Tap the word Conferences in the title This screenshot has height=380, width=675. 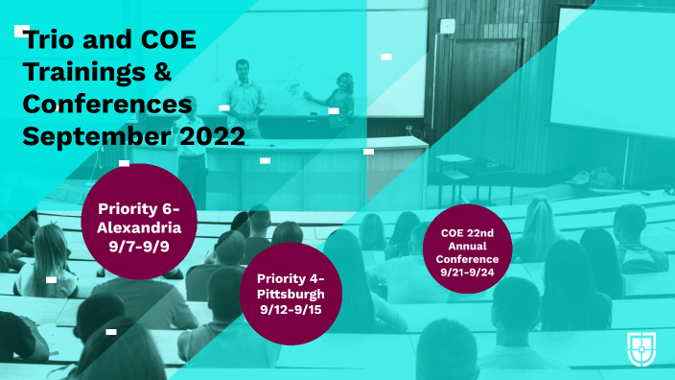(x=107, y=104)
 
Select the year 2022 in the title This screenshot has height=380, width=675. (x=211, y=135)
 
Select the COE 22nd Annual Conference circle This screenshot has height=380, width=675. (x=467, y=249)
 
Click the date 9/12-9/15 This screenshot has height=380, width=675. (x=291, y=310)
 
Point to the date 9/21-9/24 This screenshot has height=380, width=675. (x=467, y=273)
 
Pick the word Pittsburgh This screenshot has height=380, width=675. (x=291, y=294)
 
